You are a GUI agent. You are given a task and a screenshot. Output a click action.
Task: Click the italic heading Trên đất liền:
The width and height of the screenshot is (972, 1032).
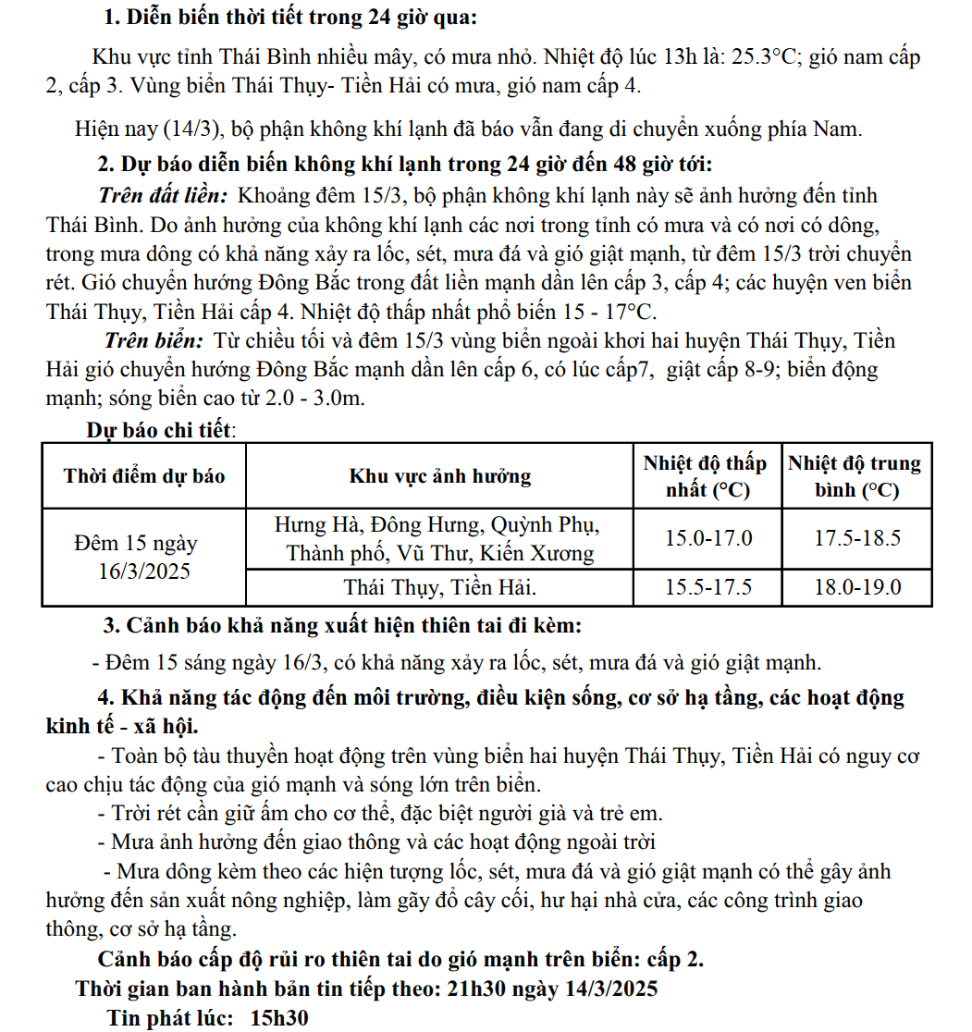point(163,195)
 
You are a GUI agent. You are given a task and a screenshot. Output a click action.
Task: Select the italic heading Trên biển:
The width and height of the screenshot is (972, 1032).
point(155,340)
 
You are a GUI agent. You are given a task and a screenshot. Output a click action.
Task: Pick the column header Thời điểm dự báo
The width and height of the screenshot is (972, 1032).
point(144,476)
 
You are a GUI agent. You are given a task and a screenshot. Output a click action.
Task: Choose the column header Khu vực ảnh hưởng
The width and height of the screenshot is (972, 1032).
point(440,476)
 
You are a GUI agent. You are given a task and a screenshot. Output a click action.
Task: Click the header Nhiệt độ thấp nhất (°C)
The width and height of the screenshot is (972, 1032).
point(706,476)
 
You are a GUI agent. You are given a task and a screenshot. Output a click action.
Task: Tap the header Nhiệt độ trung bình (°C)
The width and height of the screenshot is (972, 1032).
point(855,476)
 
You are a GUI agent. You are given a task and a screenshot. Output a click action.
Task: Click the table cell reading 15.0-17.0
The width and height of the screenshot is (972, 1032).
point(708,538)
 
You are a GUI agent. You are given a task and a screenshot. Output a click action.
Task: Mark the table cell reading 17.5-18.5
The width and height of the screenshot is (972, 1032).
point(856,538)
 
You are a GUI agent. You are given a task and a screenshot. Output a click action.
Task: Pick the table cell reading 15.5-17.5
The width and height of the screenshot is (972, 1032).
point(708,587)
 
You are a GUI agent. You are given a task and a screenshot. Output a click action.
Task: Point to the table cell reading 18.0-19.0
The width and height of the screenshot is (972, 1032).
point(856,587)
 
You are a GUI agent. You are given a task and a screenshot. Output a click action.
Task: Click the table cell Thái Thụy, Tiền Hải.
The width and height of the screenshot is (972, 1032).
point(440,587)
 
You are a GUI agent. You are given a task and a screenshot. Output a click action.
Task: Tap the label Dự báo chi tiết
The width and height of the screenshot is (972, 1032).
point(160,430)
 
